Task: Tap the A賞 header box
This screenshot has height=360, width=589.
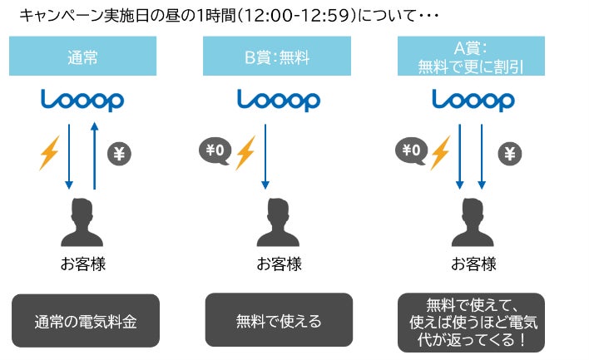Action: click(x=472, y=57)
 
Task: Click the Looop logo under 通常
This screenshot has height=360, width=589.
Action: click(x=82, y=101)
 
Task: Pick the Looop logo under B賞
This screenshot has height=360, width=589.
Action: click(x=278, y=101)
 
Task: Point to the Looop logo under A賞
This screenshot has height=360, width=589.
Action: click(x=473, y=101)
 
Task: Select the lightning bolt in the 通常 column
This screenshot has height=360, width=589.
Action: click(x=50, y=155)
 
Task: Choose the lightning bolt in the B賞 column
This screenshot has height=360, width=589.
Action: click(x=245, y=154)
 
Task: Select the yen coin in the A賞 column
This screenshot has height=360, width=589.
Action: click(x=509, y=154)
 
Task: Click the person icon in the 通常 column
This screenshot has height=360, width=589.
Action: click(x=83, y=222)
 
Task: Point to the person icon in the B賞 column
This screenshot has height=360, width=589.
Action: click(x=278, y=222)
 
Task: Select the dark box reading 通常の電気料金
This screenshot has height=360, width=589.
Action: click(x=86, y=320)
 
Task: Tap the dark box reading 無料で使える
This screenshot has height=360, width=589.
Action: click(x=279, y=320)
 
